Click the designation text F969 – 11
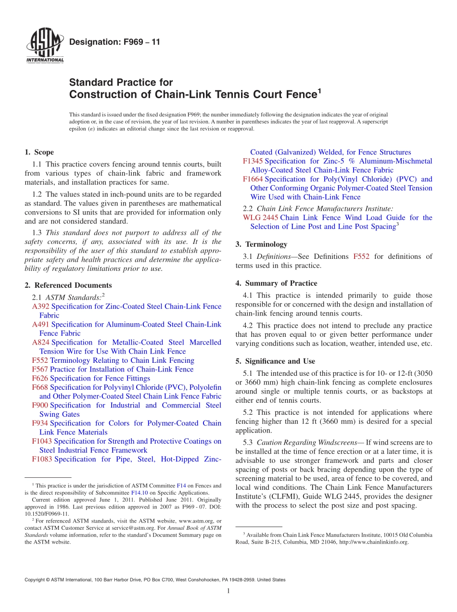pos(115,42)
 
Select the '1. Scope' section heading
pos(39,152)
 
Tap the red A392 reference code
pos(40,306)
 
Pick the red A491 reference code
pos(40,324)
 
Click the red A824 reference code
pos(40,343)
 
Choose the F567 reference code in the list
pos(40,370)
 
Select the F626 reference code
pos(40,379)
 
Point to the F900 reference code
pos(40,406)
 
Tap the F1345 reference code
pos(253,161)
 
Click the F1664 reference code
pos(253,179)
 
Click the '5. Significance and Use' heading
pos(275,361)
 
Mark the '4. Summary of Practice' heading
pos(276,283)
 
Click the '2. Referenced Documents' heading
pos(68,285)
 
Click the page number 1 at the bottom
pos(228,591)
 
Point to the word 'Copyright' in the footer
pos(35,580)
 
